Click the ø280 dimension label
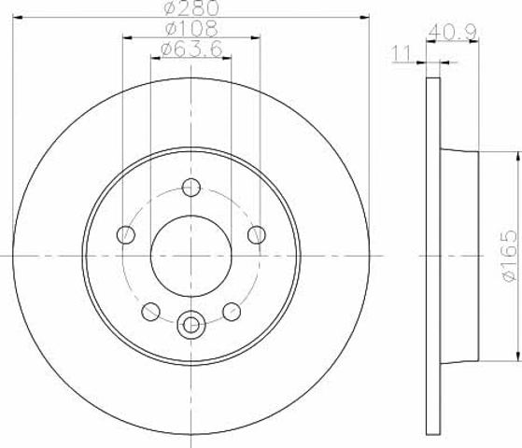[x=192, y=7]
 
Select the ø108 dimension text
[x=191, y=28]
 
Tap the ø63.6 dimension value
[x=191, y=49]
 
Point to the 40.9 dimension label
[x=453, y=33]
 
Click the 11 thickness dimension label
[x=402, y=54]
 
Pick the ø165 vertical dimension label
[x=509, y=256]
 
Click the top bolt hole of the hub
[x=191, y=188]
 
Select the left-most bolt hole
[x=126, y=234]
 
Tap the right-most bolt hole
[x=257, y=234]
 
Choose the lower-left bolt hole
[x=150, y=312]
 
